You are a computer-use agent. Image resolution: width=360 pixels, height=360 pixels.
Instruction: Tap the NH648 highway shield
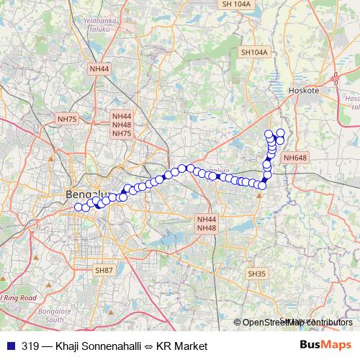tap(295, 158)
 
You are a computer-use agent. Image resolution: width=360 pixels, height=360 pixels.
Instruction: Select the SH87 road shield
tap(104, 269)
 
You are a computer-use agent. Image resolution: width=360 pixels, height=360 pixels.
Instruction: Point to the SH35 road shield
tap(257, 274)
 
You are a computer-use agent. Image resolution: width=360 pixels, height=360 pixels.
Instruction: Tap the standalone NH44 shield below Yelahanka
tap(99, 68)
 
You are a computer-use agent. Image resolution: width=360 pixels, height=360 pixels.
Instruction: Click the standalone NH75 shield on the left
tap(67, 118)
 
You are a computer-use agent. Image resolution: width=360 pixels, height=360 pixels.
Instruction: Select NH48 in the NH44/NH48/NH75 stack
tap(122, 125)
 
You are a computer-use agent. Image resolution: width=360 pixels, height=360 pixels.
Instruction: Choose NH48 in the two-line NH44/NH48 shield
tap(207, 228)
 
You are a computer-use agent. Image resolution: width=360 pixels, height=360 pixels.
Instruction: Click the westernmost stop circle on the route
tap(78, 207)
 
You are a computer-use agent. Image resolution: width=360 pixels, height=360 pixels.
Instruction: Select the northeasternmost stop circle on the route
tap(280, 132)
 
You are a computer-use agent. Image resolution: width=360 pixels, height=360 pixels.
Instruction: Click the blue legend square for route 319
tap(8, 346)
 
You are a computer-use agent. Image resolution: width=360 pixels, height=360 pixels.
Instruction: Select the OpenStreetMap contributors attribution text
tap(297, 322)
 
